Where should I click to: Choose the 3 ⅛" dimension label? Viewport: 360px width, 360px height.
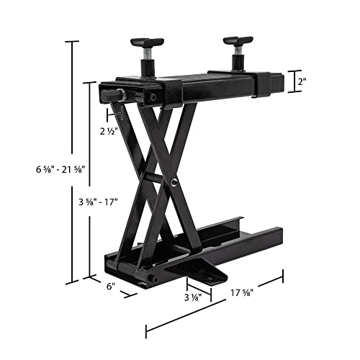pos(192,297)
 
